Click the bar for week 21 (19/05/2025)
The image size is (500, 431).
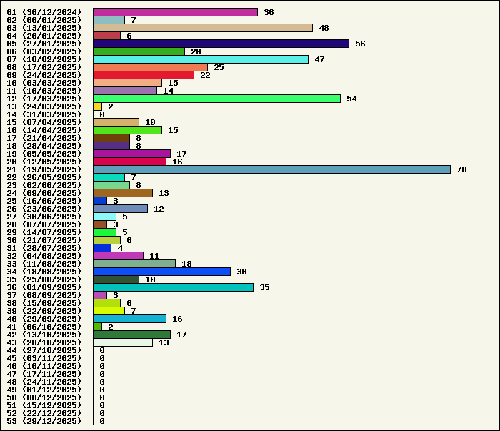[x=271, y=169]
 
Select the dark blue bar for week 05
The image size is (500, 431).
[x=221, y=44]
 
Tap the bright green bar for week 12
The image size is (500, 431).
[x=216, y=99]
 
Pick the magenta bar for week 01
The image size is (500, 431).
[x=175, y=12]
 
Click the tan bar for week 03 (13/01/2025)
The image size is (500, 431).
[x=203, y=28]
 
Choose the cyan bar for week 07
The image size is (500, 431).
[x=201, y=59]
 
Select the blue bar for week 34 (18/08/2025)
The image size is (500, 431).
[x=161, y=272]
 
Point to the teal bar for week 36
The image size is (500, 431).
[x=173, y=287]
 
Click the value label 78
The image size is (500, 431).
[x=461, y=169]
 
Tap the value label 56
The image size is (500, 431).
[x=360, y=44]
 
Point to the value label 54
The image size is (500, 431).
[x=351, y=99]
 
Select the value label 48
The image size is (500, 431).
[x=324, y=28]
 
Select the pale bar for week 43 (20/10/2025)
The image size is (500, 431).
[x=123, y=342]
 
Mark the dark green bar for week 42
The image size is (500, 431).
[x=131, y=335]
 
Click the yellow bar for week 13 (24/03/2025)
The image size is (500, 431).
[x=97, y=106]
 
